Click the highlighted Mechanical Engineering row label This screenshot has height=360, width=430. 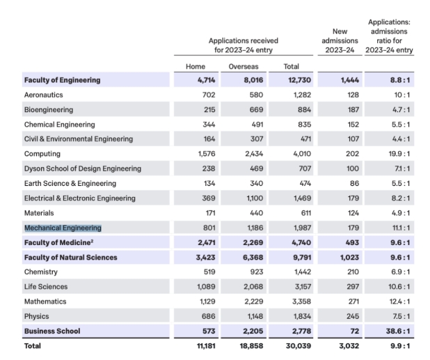point(63,228)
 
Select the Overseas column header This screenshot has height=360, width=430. point(244,66)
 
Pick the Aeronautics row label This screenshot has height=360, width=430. point(45,95)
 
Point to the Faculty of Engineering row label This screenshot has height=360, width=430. point(62,80)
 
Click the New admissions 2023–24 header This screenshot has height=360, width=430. point(340,40)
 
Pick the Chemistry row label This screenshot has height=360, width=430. point(41,272)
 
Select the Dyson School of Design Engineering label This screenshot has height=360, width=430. point(82,169)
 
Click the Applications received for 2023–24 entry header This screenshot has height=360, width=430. point(241,46)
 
